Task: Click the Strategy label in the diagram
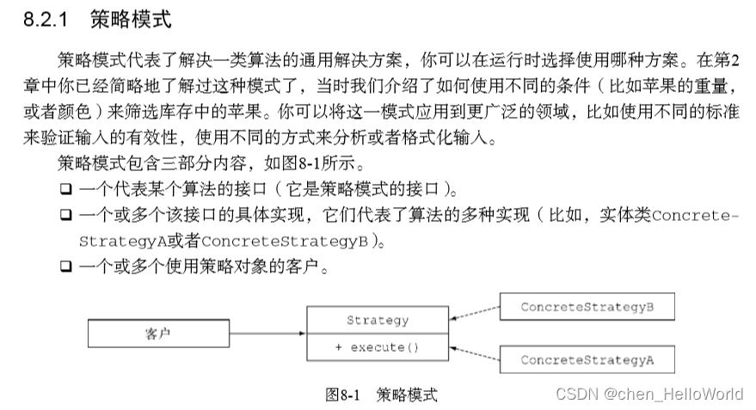pos(378,321)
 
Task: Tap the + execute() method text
pos(378,347)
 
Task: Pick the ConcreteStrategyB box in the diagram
pos(587,306)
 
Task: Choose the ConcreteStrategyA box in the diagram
pos(587,359)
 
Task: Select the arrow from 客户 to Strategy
pos(267,334)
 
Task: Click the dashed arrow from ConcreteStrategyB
pos(474,314)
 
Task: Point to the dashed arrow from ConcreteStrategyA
pos(474,353)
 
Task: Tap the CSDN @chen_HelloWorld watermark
pos(649,394)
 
